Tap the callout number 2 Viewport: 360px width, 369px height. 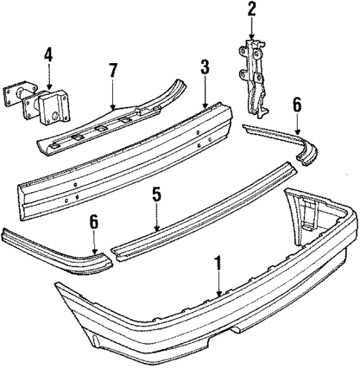click(x=252, y=10)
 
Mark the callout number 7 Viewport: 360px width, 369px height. click(x=113, y=71)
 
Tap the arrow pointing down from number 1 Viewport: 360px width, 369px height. click(x=218, y=286)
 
